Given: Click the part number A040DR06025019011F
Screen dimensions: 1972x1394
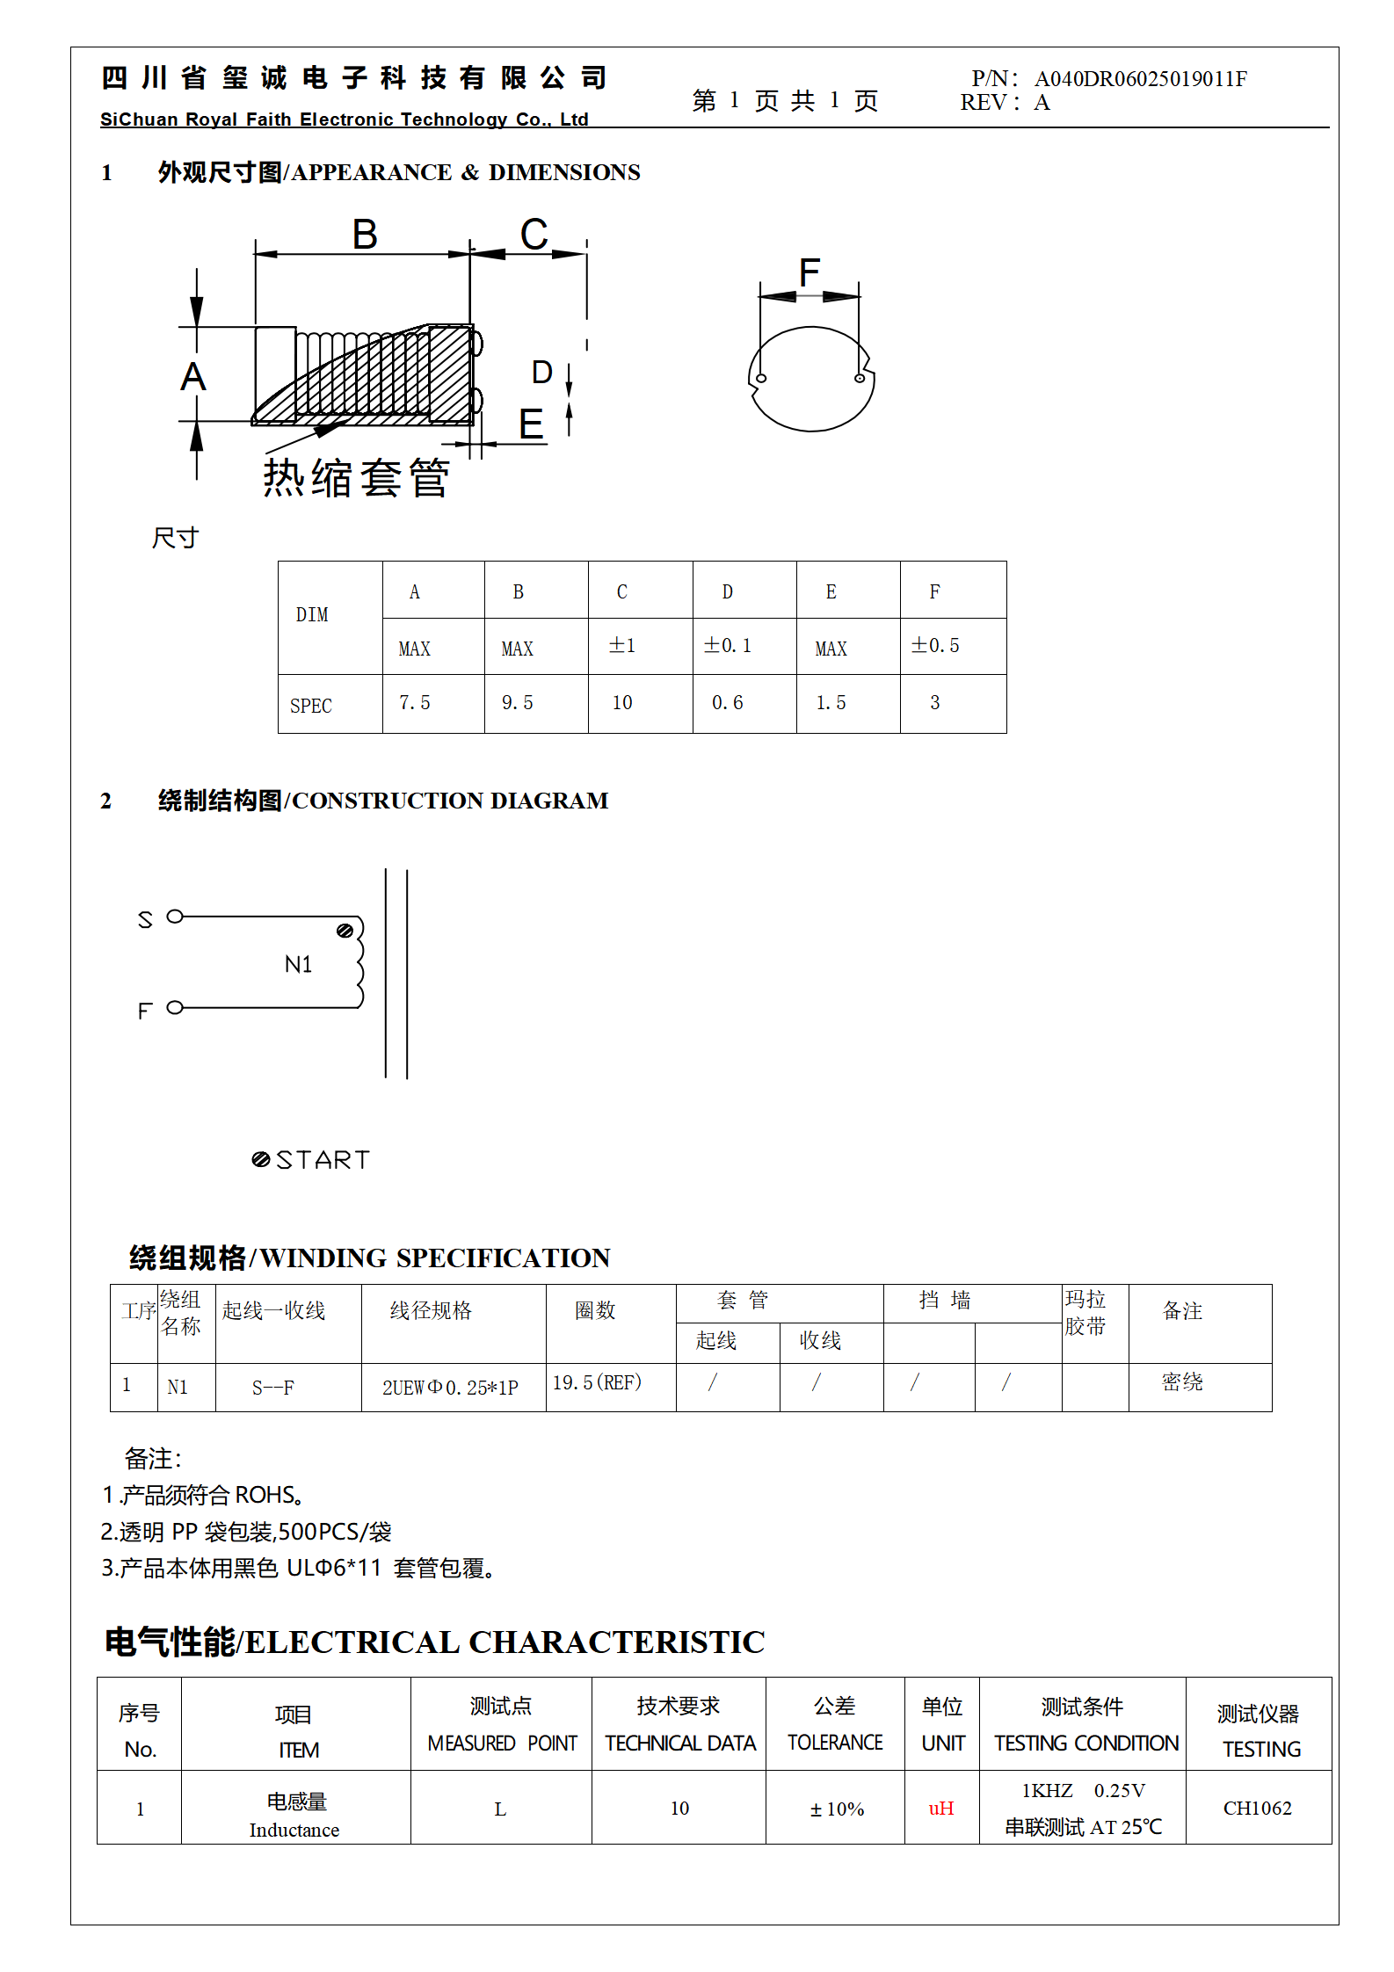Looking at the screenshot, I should (x=1140, y=79).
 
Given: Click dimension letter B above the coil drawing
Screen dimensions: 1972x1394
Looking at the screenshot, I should (x=365, y=235).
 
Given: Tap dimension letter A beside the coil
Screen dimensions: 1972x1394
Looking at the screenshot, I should (x=193, y=377).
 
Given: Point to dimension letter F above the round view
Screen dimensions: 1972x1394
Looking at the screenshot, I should (x=810, y=272).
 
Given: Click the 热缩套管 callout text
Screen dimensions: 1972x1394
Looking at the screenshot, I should (x=357, y=478).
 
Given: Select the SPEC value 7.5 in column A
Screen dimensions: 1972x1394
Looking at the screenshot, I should (x=415, y=703).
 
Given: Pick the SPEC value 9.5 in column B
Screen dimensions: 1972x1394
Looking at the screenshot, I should (x=518, y=703).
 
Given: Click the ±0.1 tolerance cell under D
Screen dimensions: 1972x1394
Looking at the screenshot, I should (x=728, y=646).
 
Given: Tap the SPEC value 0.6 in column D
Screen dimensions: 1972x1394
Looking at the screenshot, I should (x=728, y=703).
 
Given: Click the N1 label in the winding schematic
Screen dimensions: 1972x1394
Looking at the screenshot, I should (x=299, y=965).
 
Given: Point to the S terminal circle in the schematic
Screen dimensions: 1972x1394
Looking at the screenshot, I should (x=175, y=917).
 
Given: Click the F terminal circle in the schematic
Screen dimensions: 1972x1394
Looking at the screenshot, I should (x=175, y=1007).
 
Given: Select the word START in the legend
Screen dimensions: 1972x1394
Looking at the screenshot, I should (x=323, y=1160).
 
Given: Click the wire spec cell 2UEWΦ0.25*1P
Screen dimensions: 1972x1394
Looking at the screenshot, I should (x=450, y=1388).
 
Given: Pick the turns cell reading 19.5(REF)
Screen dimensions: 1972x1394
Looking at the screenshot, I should (x=598, y=1383).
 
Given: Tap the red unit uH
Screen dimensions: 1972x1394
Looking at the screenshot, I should (x=941, y=1809).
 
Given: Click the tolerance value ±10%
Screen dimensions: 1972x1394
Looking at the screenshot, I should (x=837, y=1809).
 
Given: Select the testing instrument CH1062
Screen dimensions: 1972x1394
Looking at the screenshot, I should (x=1258, y=1809).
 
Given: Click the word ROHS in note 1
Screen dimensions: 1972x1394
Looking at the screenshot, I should (x=265, y=1495).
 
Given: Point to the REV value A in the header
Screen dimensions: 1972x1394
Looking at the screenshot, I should (x=1042, y=103).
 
